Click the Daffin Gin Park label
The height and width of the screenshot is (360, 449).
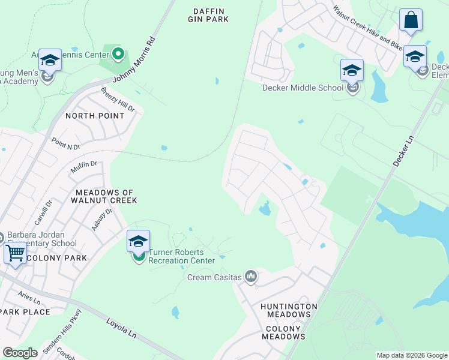pos(211,15)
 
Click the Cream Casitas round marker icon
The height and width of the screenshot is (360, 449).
pos(251,277)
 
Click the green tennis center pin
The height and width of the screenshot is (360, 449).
pos(118,55)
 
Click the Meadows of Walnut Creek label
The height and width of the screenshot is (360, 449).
pos(106,196)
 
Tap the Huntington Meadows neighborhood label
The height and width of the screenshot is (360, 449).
pos(289,310)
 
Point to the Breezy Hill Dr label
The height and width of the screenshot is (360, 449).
pos(118,100)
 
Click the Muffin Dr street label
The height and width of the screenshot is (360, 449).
pos(83,167)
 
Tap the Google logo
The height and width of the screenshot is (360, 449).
pos(20,352)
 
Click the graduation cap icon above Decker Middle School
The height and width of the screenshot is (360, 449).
pos(352,70)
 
